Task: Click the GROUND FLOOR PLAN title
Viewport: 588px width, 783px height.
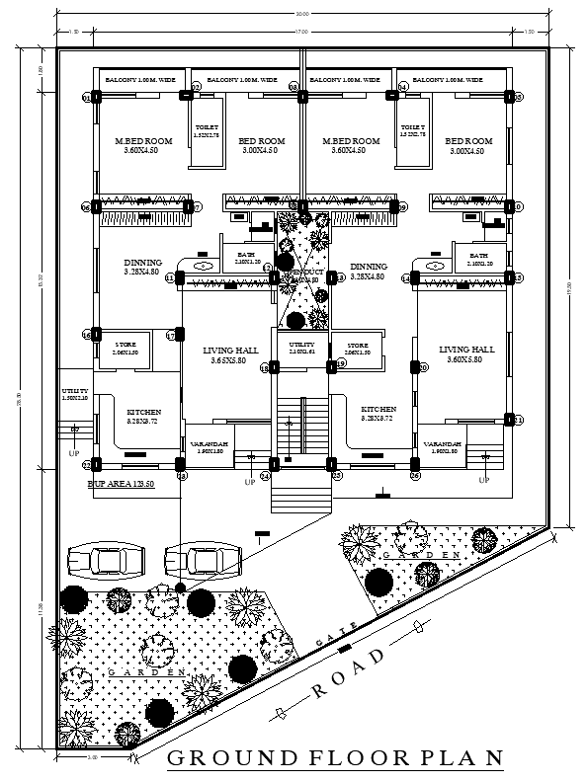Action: coord(335,758)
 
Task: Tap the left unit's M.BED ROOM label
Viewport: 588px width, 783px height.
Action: coord(143,146)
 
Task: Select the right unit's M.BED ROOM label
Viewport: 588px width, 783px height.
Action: coord(351,146)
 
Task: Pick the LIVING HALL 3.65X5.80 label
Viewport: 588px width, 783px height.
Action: coord(229,356)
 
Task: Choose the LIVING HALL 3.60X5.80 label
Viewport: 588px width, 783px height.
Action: coord(466,355)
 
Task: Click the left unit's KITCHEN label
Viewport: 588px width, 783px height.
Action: coord(144,416)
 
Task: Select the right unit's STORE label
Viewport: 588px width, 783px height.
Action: coord(357,348)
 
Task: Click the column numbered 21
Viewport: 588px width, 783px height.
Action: coord(509,420)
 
